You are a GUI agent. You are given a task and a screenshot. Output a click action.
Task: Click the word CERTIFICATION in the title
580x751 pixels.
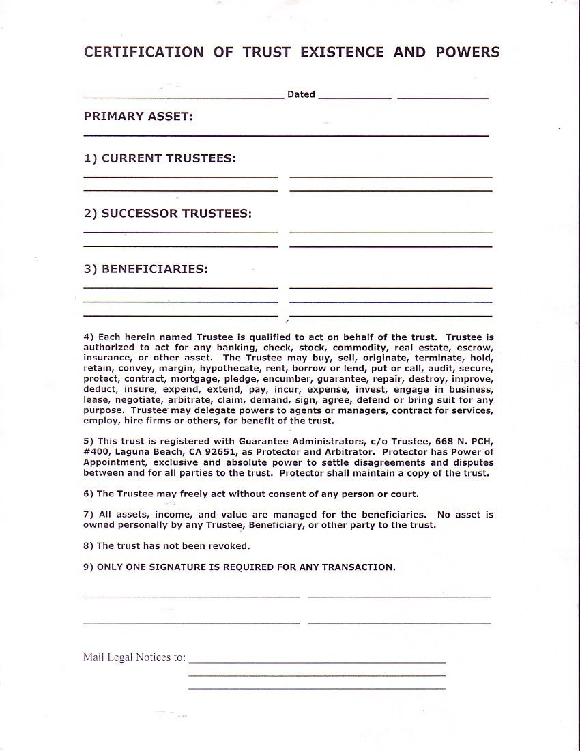pyautogui.click(x=143, y=53)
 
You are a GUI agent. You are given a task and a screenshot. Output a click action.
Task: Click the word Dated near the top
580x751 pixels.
pyautogui.click(x=301, y=95)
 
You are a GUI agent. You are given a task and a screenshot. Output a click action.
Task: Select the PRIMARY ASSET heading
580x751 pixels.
pyautogui.click(x=139, y=117)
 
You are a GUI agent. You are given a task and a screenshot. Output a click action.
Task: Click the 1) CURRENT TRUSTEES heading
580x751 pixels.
pyautogui.click(x=160, y=158)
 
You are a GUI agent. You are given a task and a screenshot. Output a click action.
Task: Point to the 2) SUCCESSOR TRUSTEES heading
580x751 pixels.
pyautogui.click(x=168, y=214)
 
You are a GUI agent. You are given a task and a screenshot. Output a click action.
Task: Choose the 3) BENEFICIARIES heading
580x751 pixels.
pyautogui.click(x=146, y=269)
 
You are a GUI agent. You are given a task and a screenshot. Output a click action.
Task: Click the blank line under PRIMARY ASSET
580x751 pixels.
pyautogui.click(x=286, y=135)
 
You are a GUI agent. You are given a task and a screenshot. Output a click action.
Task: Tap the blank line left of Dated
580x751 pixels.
pyautogui.click(x=184, y=98)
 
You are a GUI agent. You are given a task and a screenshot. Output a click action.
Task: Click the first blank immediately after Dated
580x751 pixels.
pyautogui.click(x=355, y=98)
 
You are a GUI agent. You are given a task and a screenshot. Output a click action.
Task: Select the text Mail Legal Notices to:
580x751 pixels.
pyautogui.click(x=134, y=657)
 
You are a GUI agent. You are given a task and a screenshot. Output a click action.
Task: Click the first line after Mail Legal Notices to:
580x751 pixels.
pyautogui.click(x=317, y=662)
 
